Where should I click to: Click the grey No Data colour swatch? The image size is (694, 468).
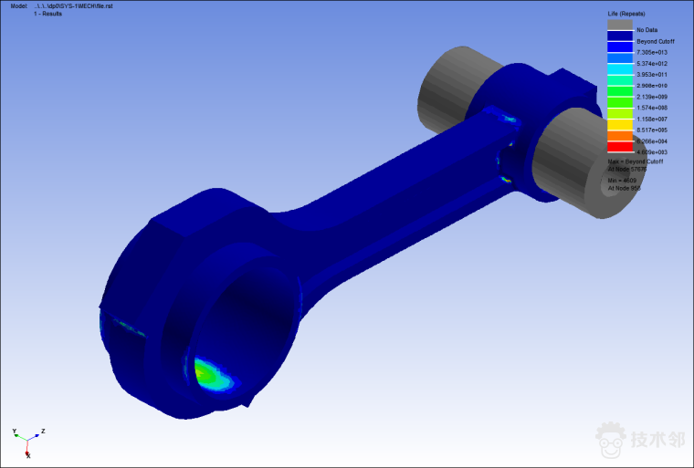pos(620,26)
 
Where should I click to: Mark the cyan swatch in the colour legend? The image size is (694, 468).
pos(620,69)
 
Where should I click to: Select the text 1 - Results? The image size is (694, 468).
pos(48,14)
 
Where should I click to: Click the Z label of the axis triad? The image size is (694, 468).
pos(43,431)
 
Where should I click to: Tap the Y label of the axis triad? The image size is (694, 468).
pos(15,431)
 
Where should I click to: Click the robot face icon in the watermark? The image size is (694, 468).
pos(611,441)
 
